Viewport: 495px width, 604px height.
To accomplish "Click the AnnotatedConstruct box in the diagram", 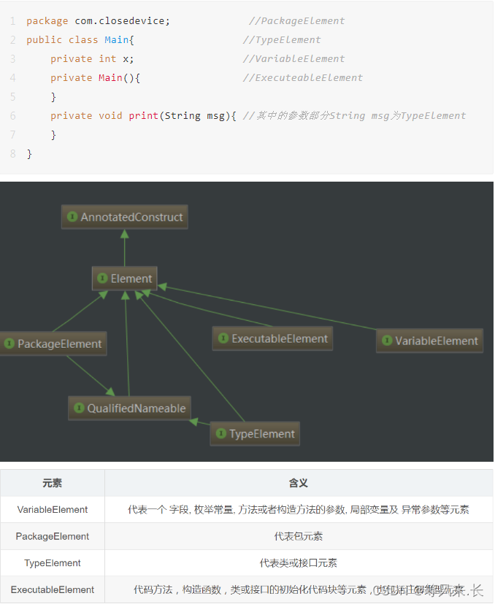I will point(125,217).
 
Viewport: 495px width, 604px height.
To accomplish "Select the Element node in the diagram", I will point(125,279).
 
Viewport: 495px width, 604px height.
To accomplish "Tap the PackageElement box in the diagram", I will point(53,344).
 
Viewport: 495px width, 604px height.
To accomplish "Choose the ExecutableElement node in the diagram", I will point(272,338).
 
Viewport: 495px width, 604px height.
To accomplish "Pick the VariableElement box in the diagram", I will point(429,341).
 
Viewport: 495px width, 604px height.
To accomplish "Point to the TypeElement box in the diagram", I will point(255,434).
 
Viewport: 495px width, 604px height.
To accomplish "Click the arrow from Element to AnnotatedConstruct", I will point(125,248).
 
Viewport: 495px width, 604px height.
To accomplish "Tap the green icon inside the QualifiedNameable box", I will point(78,409).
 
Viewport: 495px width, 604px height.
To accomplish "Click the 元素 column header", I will point(53,483).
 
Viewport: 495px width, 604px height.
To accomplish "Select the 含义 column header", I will point(299,483).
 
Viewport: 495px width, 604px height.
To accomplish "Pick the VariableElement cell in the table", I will point(53,510).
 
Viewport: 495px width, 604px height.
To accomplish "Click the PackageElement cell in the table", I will point(53,536).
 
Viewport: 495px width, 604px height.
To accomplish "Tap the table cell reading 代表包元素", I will point(299,536).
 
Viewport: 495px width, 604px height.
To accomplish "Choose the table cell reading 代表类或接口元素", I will point(299,563).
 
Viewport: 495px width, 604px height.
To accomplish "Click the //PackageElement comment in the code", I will point(296,21).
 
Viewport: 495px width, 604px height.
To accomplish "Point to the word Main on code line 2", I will point(116,40).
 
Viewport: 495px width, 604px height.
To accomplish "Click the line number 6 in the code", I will point(12,116).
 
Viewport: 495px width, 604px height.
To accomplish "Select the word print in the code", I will point(144,116).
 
